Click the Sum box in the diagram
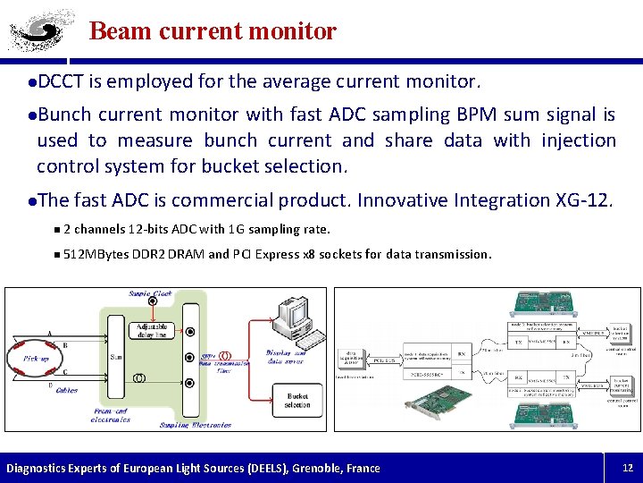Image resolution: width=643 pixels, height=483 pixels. click(114, 356)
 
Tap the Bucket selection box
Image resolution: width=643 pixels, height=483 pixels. click(297, 399)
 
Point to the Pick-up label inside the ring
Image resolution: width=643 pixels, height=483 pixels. click(36, 357)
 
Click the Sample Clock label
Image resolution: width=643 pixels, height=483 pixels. click(149, 293)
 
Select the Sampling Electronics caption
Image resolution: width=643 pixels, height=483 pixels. click(195, 425)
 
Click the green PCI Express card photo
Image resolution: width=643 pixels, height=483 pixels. click(438, 401)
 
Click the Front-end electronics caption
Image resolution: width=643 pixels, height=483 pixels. click(112, 415)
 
